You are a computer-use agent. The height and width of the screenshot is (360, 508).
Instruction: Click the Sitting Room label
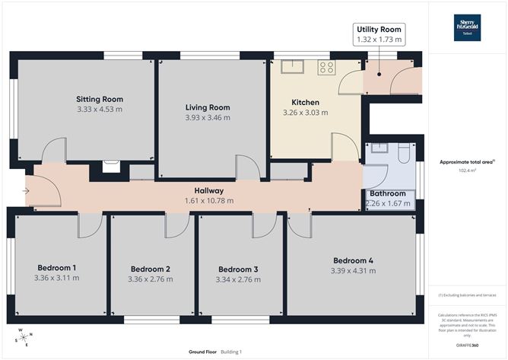99,99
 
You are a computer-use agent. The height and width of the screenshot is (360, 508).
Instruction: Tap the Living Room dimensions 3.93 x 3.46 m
208,118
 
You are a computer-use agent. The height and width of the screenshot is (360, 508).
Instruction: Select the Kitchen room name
306,102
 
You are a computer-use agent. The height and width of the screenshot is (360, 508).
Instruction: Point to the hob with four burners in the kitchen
326,67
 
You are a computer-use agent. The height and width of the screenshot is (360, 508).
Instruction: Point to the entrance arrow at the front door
26,191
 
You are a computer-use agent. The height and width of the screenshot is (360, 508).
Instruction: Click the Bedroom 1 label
57,267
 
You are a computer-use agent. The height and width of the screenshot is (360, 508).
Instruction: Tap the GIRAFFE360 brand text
467,344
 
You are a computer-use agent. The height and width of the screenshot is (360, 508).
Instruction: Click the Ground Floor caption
204,352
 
